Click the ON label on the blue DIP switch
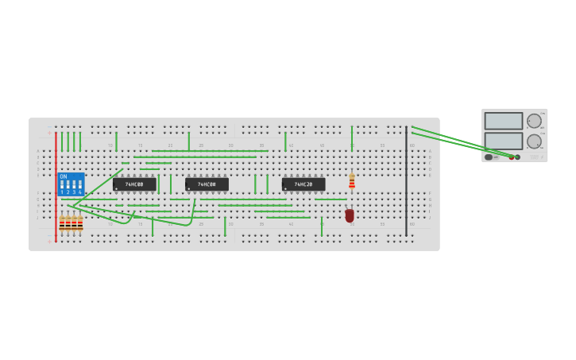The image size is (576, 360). [x=64, y=176]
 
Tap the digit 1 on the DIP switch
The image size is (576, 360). [x=62, y=192]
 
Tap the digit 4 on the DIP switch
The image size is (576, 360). [x=79, y=192]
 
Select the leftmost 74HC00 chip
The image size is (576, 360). [x=134, y=184]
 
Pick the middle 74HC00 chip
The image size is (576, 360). [x=207, y=184]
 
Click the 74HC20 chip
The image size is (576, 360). [x=303, y=184]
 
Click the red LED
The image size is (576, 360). [x=350, y=215]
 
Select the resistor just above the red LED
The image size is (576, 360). [x=352, y=182]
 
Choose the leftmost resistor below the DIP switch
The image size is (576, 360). [x=62, y=223]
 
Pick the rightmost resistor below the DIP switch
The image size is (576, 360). [x=80, y=223]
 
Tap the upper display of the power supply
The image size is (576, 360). [x=504, y=121]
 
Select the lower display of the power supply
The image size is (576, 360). [x=504, y=141]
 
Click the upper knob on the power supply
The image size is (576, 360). [x=534, y=121]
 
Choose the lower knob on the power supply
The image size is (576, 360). [x=534, y=141]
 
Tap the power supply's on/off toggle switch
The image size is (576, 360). [x=489, y=157]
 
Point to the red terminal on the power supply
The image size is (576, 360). [x=512, y=157]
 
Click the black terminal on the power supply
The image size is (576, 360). [x=518, y=157]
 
